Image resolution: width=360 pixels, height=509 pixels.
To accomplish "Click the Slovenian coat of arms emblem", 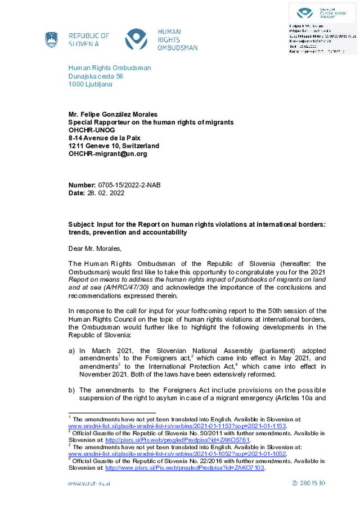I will point(52,39).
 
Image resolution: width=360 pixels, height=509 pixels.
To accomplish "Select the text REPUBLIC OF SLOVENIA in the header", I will point(89,39).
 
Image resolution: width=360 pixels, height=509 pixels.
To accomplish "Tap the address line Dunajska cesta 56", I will point(96,76).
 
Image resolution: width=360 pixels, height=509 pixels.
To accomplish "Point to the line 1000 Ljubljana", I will point(90,84).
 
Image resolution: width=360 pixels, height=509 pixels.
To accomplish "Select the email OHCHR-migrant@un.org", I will point(107,154).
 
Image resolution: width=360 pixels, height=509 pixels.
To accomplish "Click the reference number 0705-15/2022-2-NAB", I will point(133,185).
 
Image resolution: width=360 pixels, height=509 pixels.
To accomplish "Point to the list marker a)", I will point(71,351).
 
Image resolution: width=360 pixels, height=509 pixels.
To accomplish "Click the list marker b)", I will point(71,390).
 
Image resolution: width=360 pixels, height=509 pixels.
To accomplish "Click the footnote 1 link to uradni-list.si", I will point(177,426).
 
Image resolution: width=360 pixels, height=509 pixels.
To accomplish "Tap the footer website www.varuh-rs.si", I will point(89,483).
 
